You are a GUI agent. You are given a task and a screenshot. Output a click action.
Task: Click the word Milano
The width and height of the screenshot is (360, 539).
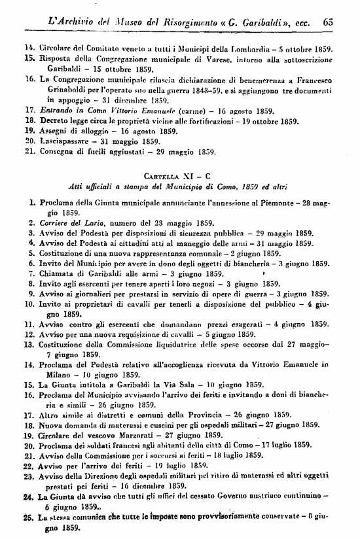click(x=52, y=374)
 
